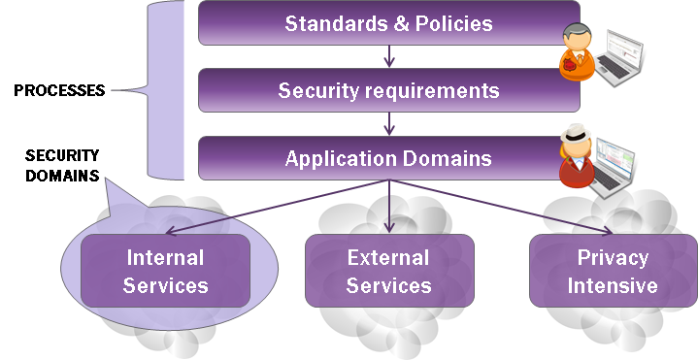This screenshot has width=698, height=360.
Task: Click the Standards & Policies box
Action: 388,23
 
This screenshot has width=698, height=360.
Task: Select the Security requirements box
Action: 388,91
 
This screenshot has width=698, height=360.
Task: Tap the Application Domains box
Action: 388,158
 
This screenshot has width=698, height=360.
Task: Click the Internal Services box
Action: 165,272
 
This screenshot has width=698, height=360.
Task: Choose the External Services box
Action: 389,272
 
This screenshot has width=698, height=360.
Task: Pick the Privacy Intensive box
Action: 612,272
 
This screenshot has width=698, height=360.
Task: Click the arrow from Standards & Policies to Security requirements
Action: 389,56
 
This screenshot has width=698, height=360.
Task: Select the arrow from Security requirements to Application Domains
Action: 389,124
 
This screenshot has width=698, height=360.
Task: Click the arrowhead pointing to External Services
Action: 389,229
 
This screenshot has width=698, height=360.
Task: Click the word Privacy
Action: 612,258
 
